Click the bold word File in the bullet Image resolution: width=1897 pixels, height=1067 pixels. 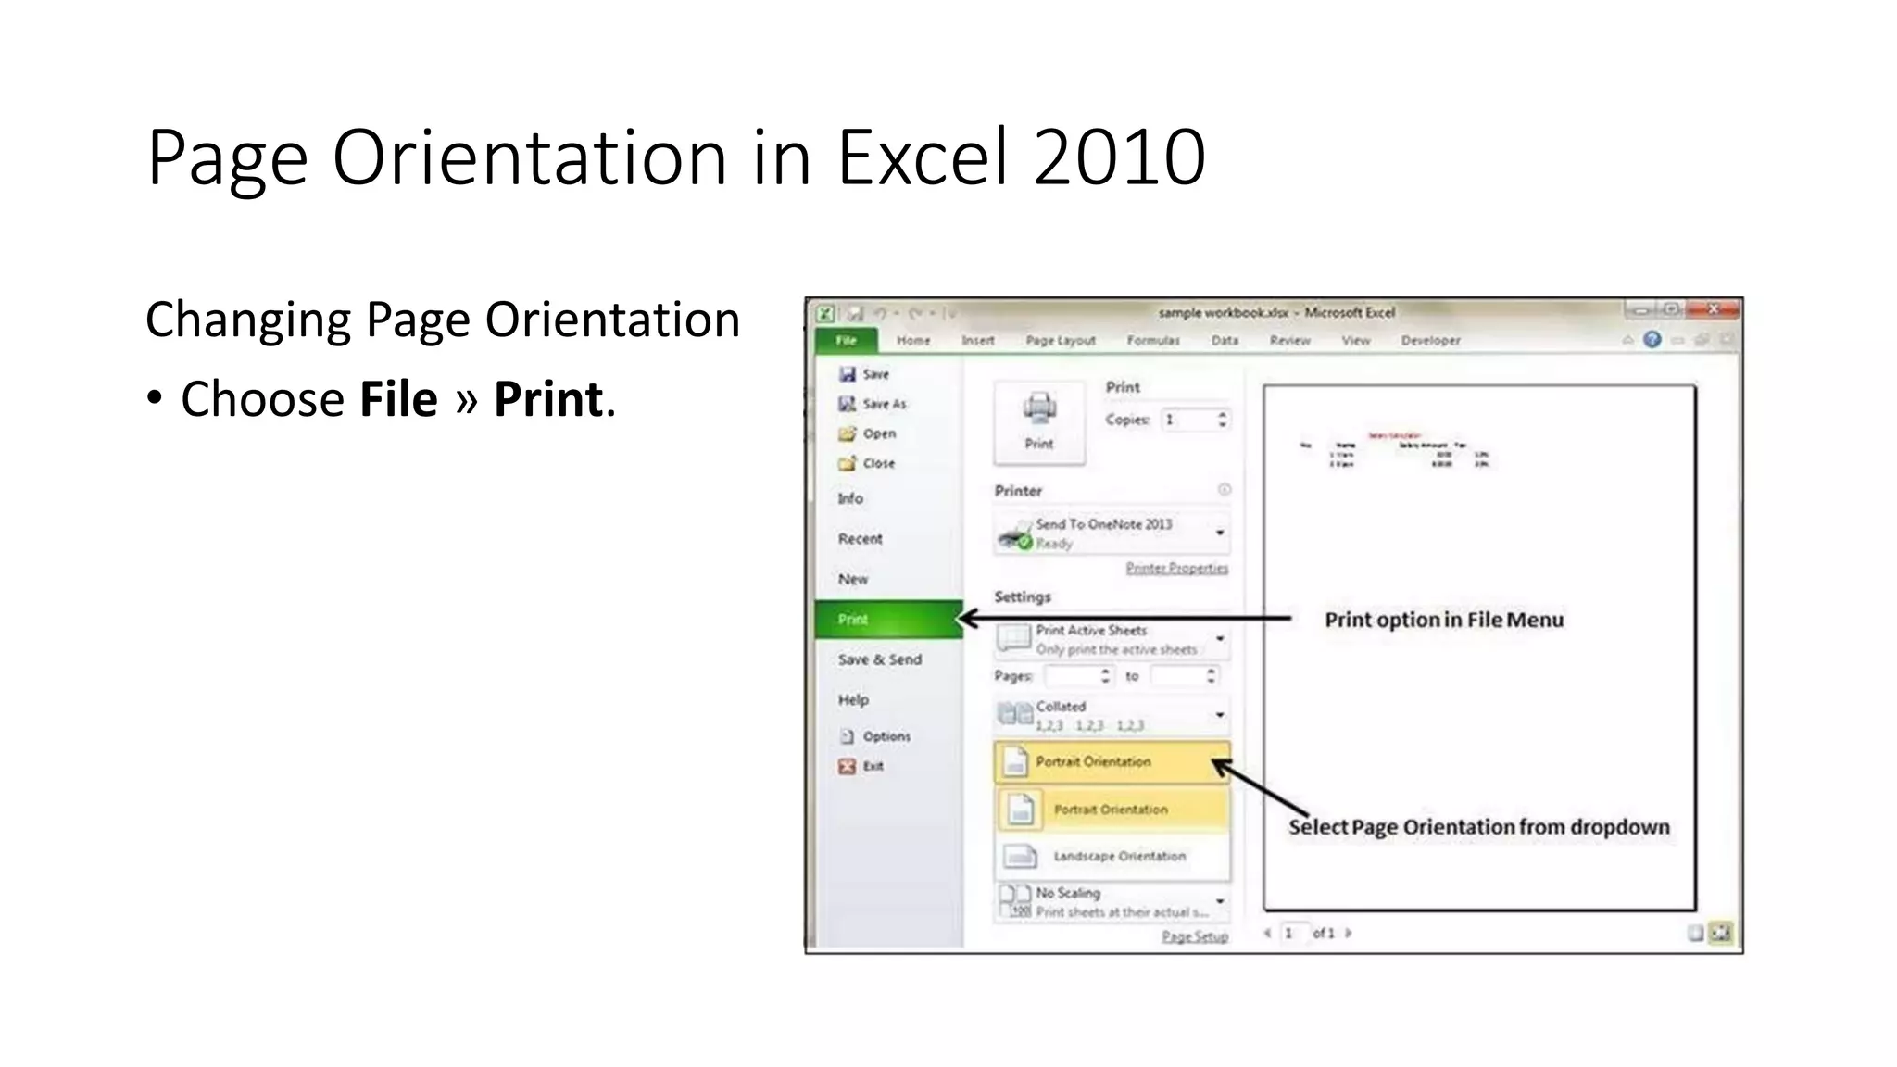398,399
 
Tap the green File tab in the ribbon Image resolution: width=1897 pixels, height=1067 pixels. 846,341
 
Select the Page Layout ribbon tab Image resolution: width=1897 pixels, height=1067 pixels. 1060,341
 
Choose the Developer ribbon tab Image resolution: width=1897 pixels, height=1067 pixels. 1430,341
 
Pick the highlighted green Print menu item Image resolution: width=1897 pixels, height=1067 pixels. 887,620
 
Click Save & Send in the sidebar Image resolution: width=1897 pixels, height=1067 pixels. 879,659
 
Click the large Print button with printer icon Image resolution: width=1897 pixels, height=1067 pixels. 1038,422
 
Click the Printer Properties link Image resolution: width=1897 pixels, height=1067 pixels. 1176,568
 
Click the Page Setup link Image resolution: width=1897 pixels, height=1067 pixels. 1194,936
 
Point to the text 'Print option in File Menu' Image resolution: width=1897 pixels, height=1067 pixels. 1443,620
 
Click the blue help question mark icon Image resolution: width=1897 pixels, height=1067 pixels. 1652,340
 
